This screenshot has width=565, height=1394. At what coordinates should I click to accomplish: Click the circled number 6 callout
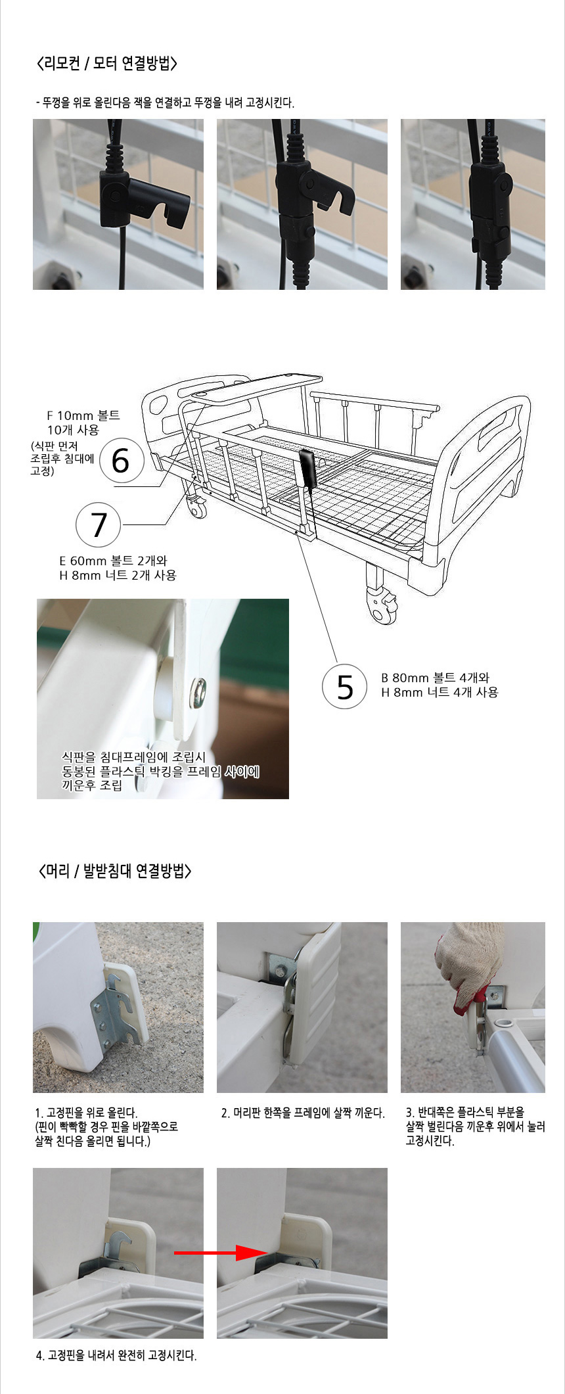coord(122,460)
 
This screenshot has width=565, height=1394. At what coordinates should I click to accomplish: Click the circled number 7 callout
coord(99,524)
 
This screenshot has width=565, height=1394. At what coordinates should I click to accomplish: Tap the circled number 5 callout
coord(344,687)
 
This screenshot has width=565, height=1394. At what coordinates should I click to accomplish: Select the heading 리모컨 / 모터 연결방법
coord(108,64)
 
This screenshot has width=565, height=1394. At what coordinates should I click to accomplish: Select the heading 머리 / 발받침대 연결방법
coord(114,871)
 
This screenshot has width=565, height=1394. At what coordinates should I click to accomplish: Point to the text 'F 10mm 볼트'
coord(83,415)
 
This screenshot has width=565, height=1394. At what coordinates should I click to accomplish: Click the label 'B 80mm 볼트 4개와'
coord(435,678)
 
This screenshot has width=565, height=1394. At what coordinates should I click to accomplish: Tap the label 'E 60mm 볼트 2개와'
coord(113,561)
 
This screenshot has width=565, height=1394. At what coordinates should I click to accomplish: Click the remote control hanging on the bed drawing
coord(308,468)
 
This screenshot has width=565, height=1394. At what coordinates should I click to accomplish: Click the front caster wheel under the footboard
coord(381,603)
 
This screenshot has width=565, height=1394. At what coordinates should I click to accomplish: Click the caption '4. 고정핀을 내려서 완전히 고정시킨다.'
coord(116,1355)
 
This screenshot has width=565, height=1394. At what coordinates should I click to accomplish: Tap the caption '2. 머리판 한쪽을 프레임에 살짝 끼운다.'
coord(303,1113)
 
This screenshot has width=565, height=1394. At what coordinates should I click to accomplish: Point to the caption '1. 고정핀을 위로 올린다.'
coord(86,1113)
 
